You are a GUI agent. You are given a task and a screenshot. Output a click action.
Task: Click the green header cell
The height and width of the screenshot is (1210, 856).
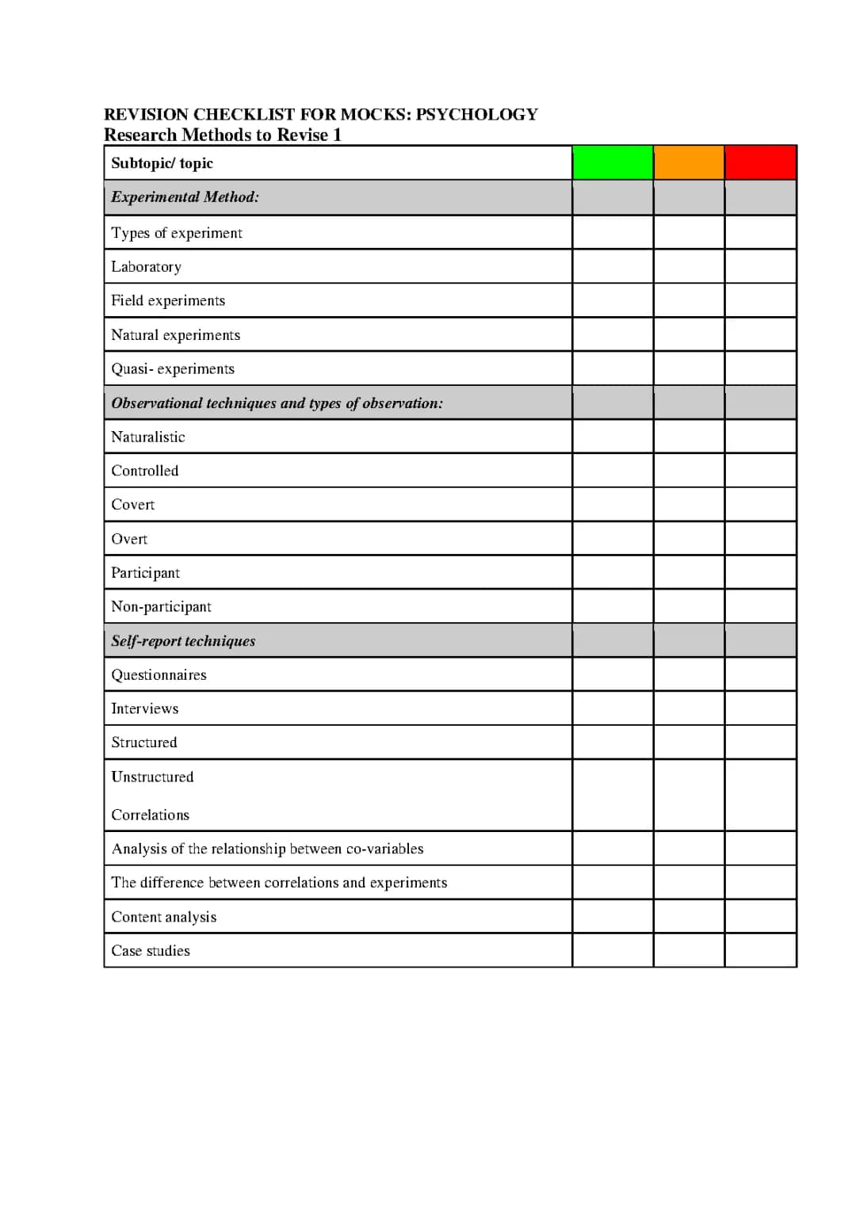coord(613,162)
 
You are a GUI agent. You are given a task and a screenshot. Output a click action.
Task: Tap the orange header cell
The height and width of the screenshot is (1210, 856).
coord(689,162)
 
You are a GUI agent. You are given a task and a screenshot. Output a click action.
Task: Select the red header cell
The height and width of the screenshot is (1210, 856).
coord(760,162)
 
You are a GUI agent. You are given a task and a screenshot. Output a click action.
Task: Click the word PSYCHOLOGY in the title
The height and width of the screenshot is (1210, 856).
coord(476,114)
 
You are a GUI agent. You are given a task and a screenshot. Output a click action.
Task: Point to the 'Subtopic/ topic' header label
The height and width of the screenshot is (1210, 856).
coord(162,163)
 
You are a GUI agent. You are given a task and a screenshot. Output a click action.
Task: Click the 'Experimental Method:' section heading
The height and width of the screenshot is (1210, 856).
coord(185,197)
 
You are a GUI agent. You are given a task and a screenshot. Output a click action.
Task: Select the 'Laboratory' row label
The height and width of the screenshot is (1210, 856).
coord(146,267)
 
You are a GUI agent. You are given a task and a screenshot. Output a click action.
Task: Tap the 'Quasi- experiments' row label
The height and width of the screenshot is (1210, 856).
coord(173,369)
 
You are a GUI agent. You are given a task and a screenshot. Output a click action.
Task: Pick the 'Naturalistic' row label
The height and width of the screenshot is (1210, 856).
coord(147,437)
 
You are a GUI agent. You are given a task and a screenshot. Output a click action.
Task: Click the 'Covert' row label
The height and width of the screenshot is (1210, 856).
coord(132,505)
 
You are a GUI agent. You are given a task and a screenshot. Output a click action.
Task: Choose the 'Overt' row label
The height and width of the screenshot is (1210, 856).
coord(129,540)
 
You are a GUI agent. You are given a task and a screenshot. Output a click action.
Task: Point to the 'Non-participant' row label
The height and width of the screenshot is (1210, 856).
coord(161,607)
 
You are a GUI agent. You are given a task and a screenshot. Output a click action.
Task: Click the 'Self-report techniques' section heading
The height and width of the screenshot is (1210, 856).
coord(183,641)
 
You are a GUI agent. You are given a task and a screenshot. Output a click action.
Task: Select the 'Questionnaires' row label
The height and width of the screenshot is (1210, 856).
coord(159,675)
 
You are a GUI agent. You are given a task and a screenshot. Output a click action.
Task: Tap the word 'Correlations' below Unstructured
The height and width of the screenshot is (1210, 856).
coord(150,815)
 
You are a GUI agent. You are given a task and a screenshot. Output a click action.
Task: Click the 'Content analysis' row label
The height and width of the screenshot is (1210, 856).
coord(163,918)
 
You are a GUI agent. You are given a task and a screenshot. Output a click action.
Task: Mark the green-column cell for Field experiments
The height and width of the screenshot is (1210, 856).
coord(613,300)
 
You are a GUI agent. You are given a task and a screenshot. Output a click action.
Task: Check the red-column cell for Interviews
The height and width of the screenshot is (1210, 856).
coord(760,708)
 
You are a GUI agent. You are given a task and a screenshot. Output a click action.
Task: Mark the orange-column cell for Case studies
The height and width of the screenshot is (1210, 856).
coord(689,950)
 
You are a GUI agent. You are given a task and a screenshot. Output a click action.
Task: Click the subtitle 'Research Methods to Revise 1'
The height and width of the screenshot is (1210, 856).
coord(223,135)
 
